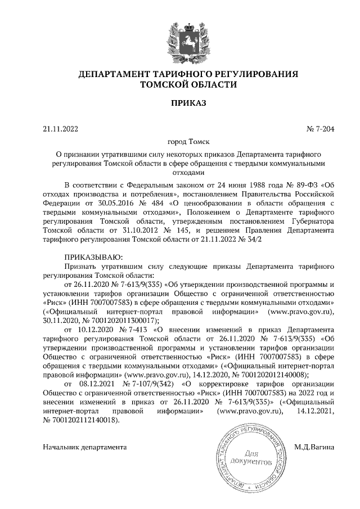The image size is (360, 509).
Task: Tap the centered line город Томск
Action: tap(188, 142)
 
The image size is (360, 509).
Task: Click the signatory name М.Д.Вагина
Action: tap(314, 448)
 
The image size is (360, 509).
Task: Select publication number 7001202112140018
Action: tap(86, 419)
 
